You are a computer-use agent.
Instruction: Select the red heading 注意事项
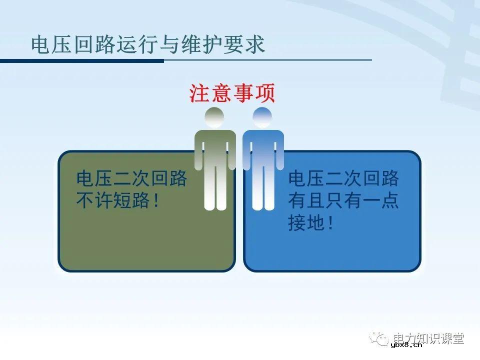[x=232, y=93]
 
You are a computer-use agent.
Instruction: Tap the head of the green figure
[x=214, y=117]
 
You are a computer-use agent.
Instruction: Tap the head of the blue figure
[x=263, y=117]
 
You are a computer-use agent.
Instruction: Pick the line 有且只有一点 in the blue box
[x=343, y=201]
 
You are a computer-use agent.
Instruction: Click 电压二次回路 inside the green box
[x=131, y=178]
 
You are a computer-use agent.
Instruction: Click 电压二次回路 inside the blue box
[x=343, y=178]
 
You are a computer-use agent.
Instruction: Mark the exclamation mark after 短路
[x=156, y=201]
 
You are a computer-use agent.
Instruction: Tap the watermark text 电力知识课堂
[x=429, y=338]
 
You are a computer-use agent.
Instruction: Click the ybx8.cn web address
[x=406, y=344]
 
